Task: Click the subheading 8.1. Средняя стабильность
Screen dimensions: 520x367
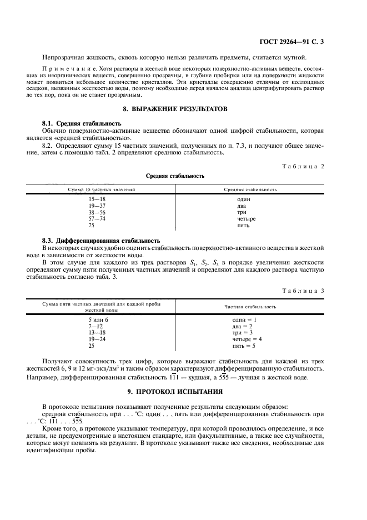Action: [x=82, y=122]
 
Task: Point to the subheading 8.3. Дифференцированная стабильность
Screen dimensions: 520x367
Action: [x=101, y=241]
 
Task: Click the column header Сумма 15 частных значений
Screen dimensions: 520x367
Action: [x=102, y=189]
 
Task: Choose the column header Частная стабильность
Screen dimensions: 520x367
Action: [x=250, y=307]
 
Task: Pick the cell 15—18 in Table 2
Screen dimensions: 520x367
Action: [x=97, y=199]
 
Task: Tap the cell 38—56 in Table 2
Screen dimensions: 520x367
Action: [x=97, y=212]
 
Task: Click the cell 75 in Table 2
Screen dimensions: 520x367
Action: [x=92, y=226]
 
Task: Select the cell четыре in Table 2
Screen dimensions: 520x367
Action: [x=247, y=219]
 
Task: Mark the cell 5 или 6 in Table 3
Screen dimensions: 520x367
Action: [x=98, y=319]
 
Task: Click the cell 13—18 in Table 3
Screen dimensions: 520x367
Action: [x=97, y=332]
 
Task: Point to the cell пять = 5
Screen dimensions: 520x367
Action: [x=244, y=346]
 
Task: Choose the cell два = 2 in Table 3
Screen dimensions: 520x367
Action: [x=243, y=326]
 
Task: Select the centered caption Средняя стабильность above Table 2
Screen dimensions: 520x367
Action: [x=175, y=176]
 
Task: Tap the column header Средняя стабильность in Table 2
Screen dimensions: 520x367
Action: [x=250, y=189]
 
